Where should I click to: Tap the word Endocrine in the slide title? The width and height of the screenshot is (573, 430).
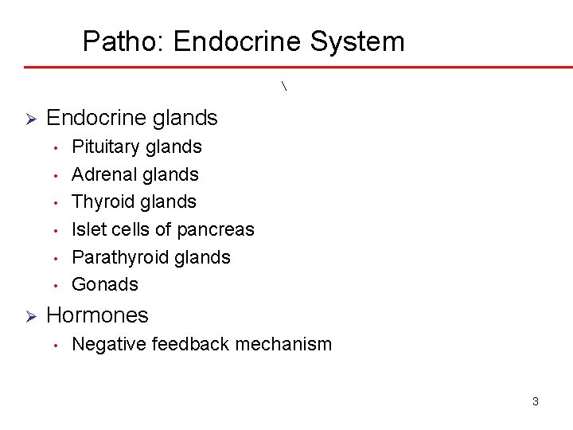(x=236, y=41)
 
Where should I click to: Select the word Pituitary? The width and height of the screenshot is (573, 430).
(x=103, y=147)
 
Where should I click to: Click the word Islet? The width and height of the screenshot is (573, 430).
(x=85, y=229)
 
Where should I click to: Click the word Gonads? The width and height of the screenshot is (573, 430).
(x=105, y=284)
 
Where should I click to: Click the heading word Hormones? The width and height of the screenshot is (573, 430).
(x=98, y=315)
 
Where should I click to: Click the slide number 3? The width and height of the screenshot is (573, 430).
(x=535, y=401)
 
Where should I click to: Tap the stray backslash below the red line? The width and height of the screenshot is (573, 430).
(x=285, y=85)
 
